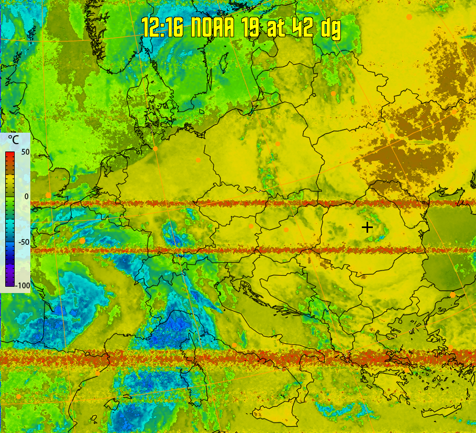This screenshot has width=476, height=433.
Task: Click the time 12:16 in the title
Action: (162, 27)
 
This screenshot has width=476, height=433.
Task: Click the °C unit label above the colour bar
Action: (13, 140)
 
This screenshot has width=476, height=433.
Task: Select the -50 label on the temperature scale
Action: (24, 242)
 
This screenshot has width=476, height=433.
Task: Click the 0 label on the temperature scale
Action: (26, 195)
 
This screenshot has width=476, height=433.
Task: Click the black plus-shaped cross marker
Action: (367, 227)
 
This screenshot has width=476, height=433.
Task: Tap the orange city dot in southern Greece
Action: (406, 370)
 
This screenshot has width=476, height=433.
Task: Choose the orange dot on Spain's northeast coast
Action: (97, 373)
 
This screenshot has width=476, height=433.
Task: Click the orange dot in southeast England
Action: (48, 195)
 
